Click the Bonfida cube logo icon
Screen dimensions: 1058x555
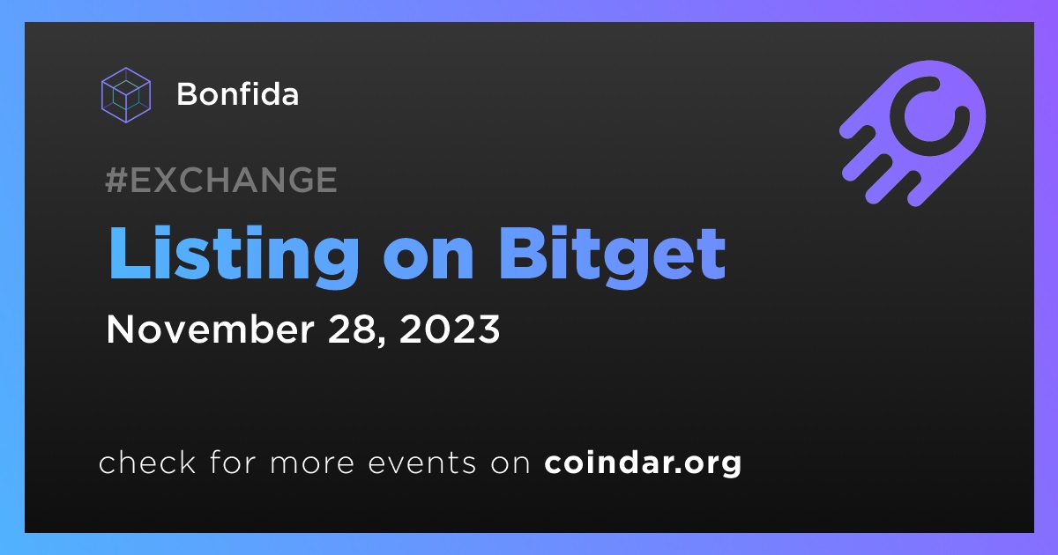pos(126,95)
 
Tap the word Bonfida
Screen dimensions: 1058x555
pos(237,94)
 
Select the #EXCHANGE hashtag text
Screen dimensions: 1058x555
pos(221,180)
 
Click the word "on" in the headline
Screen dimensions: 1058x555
pos(428,261)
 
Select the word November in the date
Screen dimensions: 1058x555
pos(210,329)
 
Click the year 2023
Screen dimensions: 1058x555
pos(450,329)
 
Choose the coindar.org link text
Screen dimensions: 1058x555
pos(643,463)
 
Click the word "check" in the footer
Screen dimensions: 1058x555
pos(147,462)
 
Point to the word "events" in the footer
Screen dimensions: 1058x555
pos(422,463)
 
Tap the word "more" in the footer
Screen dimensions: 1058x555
pos(312,464)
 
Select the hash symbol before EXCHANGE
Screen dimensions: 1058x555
pos(116,180)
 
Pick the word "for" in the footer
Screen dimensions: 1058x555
pos(233,462)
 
